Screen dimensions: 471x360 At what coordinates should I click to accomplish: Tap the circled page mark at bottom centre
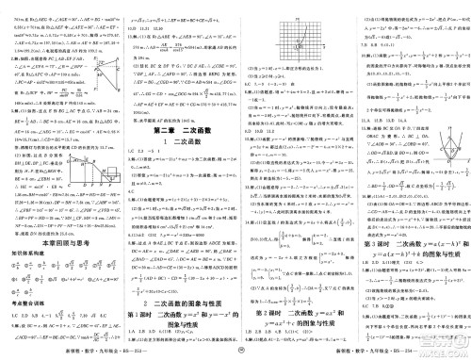[x=235, y=352]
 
